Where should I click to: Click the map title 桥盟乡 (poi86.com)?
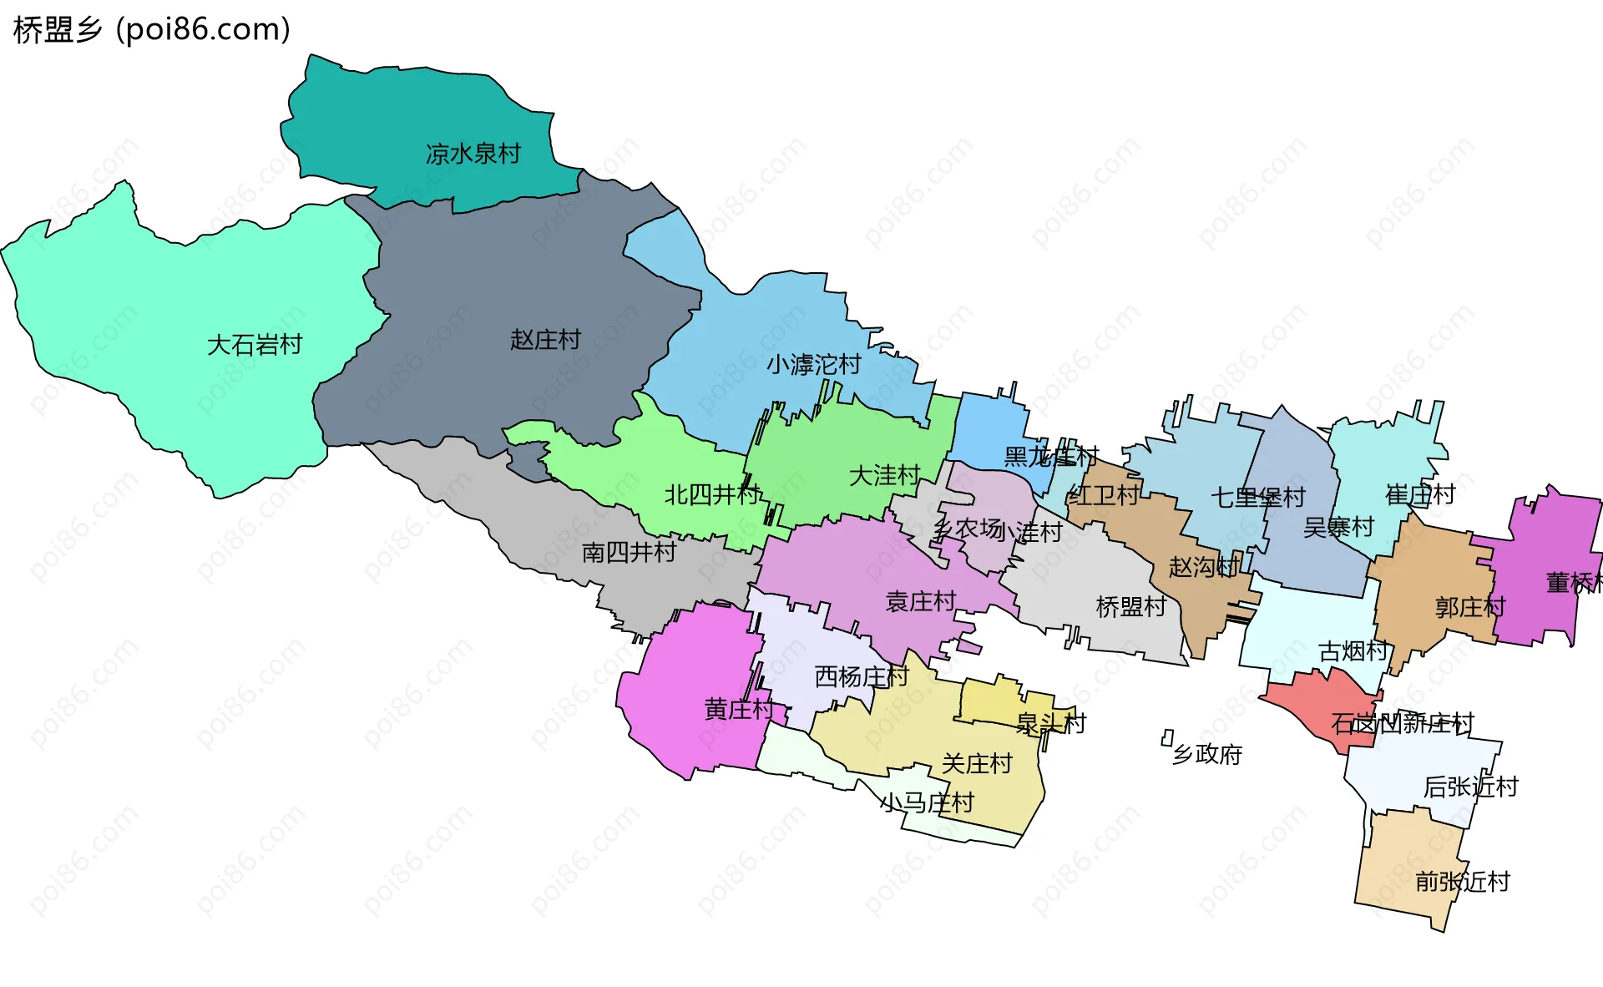tap(152, 30)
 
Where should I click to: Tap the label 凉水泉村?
tap(473, 154)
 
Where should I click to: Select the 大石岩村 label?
tap(254, 345)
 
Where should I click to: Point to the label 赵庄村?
tap(545, 340)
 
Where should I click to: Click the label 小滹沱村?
tap(813, 365)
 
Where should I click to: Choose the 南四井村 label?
tap(628, 552)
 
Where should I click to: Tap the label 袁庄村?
tap(920, 601)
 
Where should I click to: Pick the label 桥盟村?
tap(1130, 607)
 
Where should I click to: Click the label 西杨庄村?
tap(861, 676)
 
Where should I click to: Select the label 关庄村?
tap(976, 763)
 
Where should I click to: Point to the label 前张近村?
tap(1462, 881)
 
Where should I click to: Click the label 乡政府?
tap(1207, 755)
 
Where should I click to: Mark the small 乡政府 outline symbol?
tap(1167, 737)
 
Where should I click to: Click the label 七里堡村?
tap(1257, 498)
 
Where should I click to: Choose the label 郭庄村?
tap(1469, 607)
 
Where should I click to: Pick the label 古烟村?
tap(1353, 651)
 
